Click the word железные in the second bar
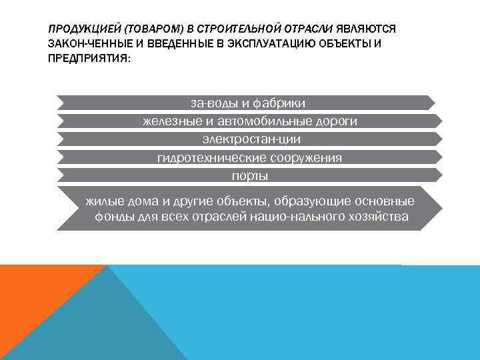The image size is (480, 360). [168, 121]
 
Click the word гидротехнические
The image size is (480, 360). [211, 158]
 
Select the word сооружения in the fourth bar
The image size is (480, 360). [306, 158]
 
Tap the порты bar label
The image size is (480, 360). [249, 176]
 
